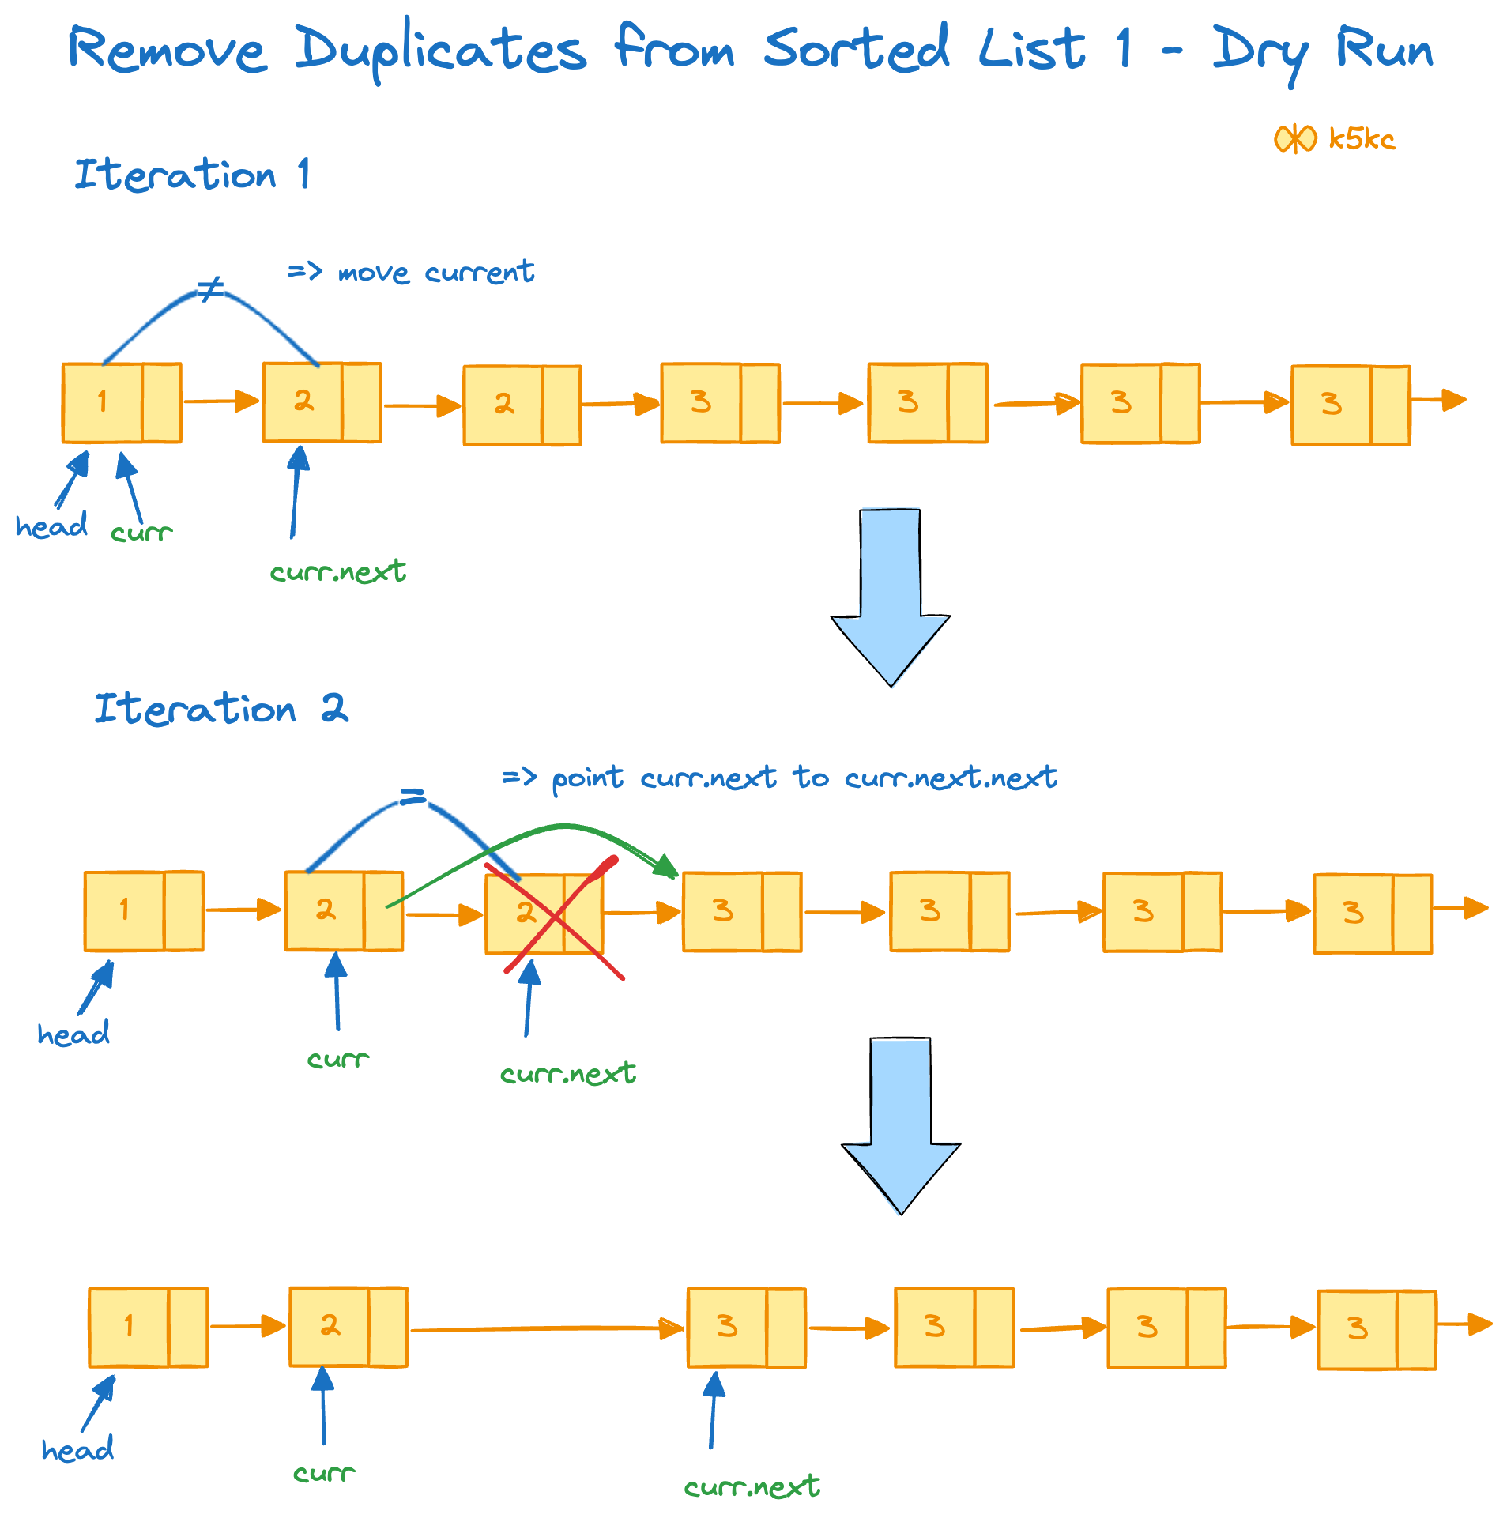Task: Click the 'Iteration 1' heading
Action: pyautogui.click(x=192, y=174)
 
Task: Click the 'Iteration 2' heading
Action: pyautogui.click(x=220, y=708)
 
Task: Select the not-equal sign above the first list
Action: pyautogui.click(x=211, y=289)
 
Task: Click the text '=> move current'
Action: pyautogui.click(x=411, y=272)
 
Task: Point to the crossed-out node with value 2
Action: pyautogui.click(x=544, y=914)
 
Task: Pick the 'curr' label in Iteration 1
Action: pyautogui.click(x=141, y=533)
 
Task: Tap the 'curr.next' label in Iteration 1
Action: pyautogui.click(x=338, y=571)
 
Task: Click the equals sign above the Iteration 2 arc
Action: pyautogui.click(x=412, y=797)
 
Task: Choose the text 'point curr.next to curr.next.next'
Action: pyautogui.click(x=804, y=778)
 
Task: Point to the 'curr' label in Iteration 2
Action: pyautogui.click(x=338, y=1058)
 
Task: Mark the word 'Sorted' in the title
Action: pyautogui.click(x=856, y=49)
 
